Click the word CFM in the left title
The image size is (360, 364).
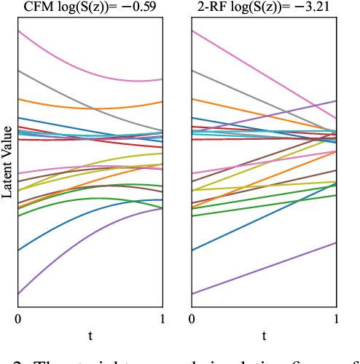click(x=38, y=7)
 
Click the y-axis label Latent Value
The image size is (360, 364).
click(x=7, y=162)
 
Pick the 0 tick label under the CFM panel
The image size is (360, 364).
click(x=18, y=320)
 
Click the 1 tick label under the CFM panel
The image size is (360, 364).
click(x=163, y=320)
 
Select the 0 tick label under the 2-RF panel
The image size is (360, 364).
click(x=192, y=320)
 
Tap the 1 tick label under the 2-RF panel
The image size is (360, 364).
click(x=336, y=320)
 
